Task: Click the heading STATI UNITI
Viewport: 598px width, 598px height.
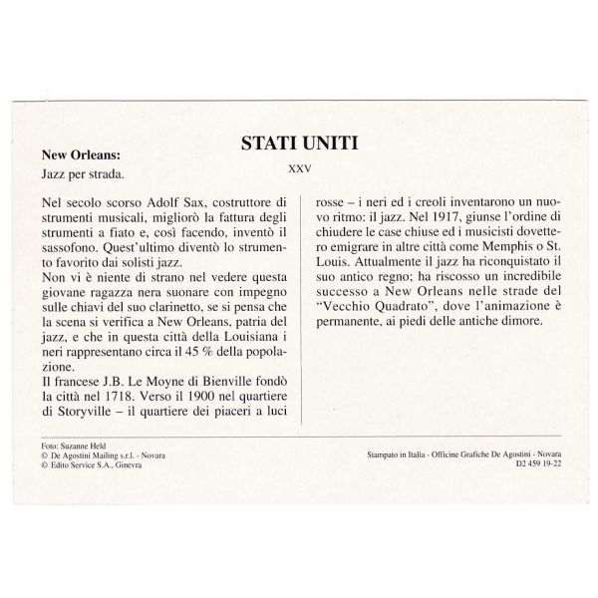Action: click(299, 143)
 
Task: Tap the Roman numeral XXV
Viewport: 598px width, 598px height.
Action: click(299, 166)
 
